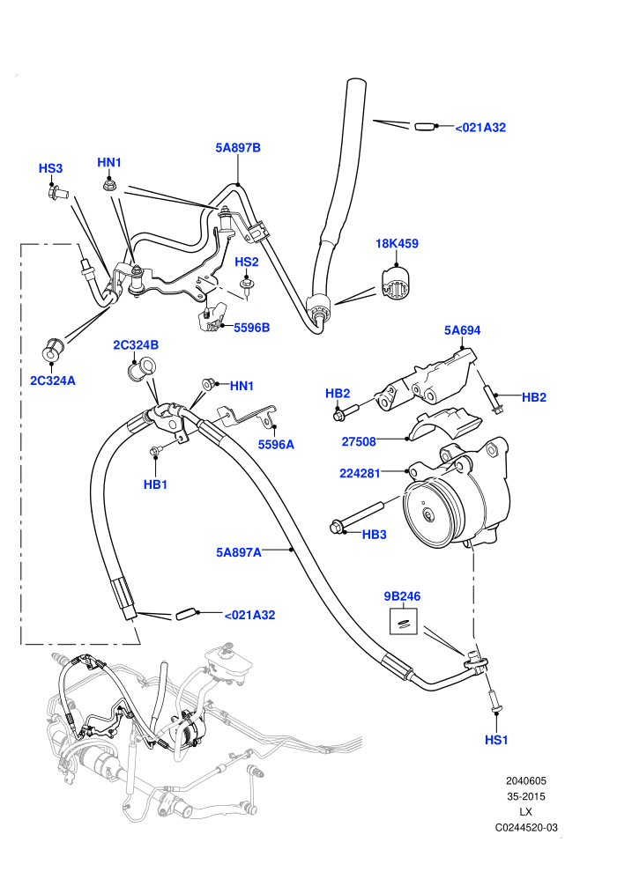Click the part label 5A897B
(x=238, y=148)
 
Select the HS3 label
(x=50, y=168)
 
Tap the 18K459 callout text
(x=397, y=244)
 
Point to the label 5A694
(x=463, y=330)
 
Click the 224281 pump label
(x=360, y=474)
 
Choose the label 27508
(x=359, y=441)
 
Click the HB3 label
(x=375, y=535)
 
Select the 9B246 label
(x=402, y=596)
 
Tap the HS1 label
(x=497, y=740)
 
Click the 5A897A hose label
(x=239, y=553)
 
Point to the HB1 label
(x=156, y=484)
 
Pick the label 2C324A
(x=53, y=381)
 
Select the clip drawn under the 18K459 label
(x=396, y=283)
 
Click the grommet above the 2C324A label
(x=52, y=348)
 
